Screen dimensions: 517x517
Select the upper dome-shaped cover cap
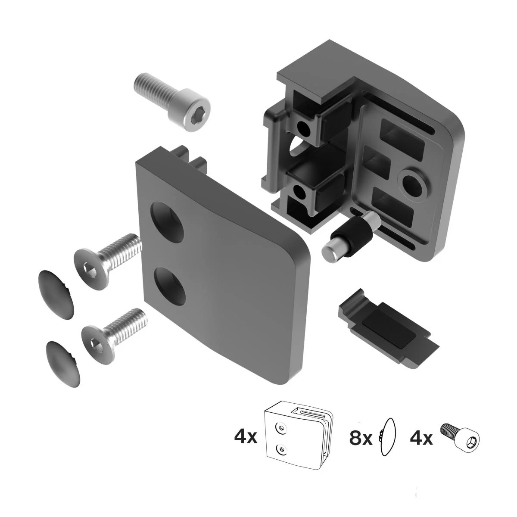point(56,295)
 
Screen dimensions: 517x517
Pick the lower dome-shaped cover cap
point(63,364)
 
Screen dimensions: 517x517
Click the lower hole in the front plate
point(170,286)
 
